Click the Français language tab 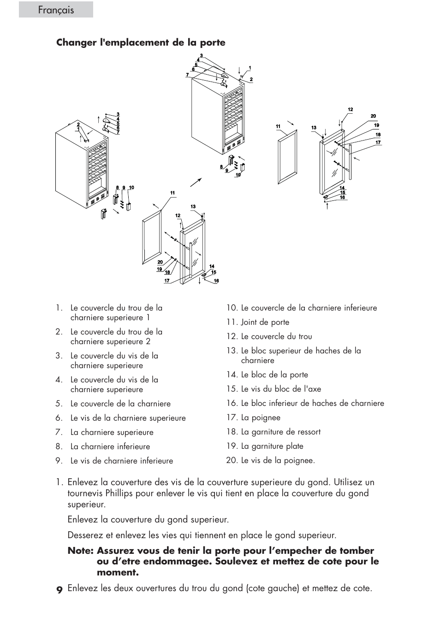point(56,10)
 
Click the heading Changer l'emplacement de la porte point(141,42)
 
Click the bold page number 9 point(59,589)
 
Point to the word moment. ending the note point(118,573)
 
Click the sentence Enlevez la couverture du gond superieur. point(148,519)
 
